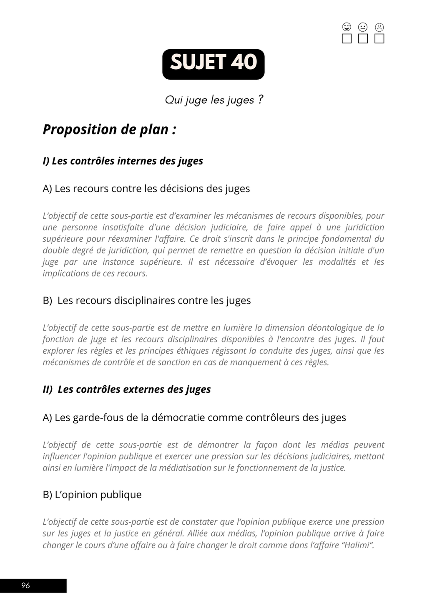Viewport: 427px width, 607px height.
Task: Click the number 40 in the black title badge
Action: [244, 63]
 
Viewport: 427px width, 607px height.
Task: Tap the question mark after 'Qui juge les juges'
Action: [260, 100]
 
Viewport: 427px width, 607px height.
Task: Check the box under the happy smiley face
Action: [347, 39]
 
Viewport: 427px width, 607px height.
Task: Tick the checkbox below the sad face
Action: [379, 39]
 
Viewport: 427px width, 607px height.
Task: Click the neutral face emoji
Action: [363, 28]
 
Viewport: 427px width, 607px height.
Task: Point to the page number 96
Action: [25, 585]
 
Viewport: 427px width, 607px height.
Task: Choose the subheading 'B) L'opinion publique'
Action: [92, 495]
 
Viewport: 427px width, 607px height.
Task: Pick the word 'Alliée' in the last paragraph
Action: [200, 534]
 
